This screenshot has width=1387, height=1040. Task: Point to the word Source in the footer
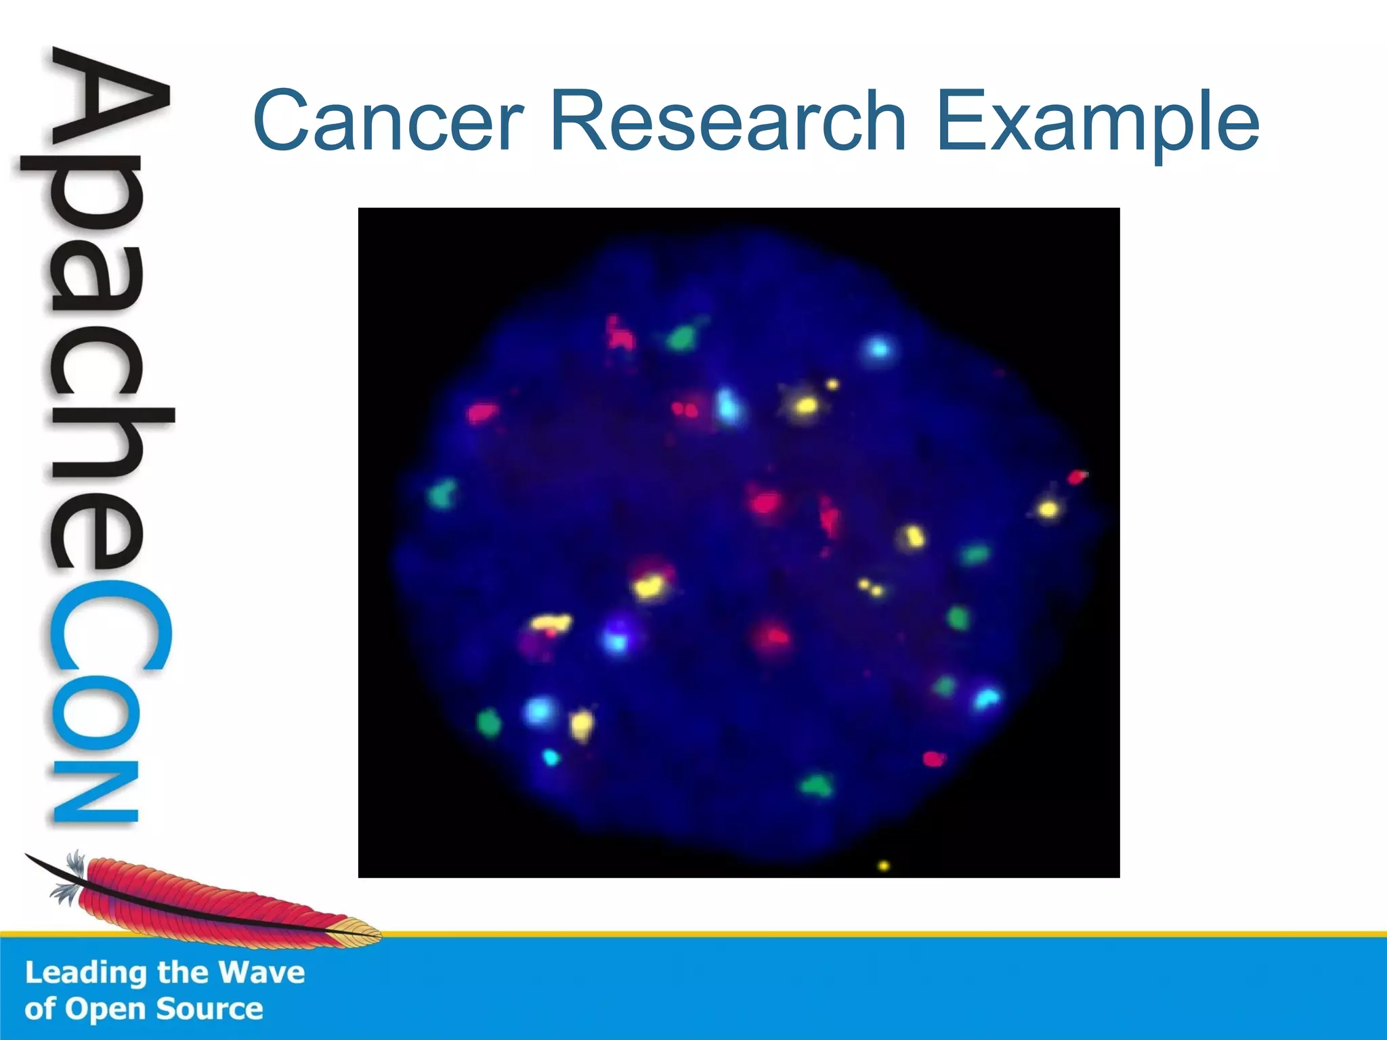click(x=209, y=1009)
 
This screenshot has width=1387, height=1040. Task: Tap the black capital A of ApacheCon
click(x=108, y=102)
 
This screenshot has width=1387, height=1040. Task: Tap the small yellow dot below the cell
click(x=883, y=865)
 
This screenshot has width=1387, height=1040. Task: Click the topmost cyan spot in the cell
click(x=879, y=349)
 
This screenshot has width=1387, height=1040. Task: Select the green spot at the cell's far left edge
click(x=444, y=494)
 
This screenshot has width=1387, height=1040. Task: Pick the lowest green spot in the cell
click(x=816, y=785)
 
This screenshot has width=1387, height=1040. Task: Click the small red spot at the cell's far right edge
click(x=1076, y=477)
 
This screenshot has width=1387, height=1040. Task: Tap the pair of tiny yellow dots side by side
click(x=870, y=587)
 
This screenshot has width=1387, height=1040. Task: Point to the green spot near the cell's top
click(x=682, y=336)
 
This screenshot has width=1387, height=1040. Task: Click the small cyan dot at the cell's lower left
click(x=551, y=757)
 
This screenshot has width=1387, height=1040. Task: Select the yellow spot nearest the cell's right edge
click(x=1048, y=508)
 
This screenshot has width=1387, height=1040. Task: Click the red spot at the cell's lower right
click(x=933, y=759)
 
